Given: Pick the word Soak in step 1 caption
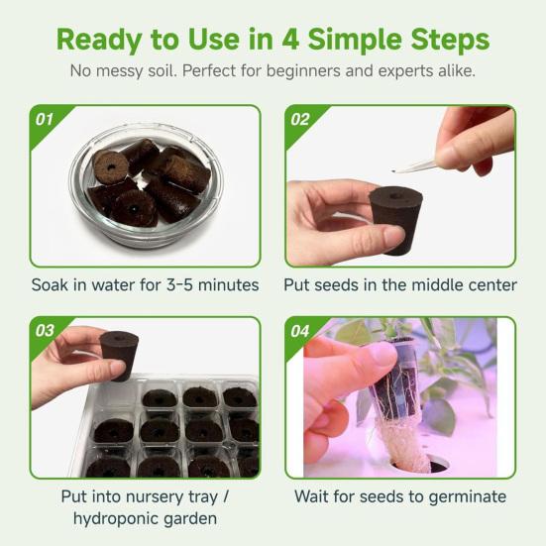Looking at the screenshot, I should point(52,285).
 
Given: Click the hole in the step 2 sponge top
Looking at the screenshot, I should point(395,196).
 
